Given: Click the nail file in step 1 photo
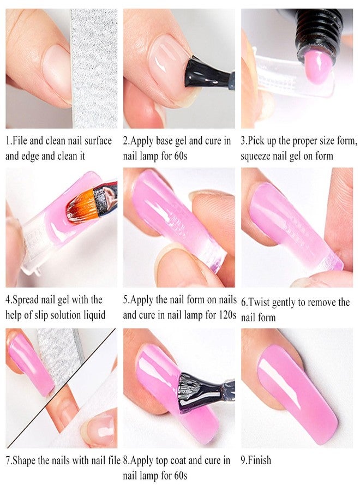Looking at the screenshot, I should click(x=94, y=65).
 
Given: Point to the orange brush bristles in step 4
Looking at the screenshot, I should click(x=80, y=204).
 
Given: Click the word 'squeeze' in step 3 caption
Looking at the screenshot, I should click(x=259, y=155).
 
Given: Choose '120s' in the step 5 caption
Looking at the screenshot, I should click(x=225, y=315).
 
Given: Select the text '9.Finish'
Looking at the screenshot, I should click(x=256, y=460).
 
